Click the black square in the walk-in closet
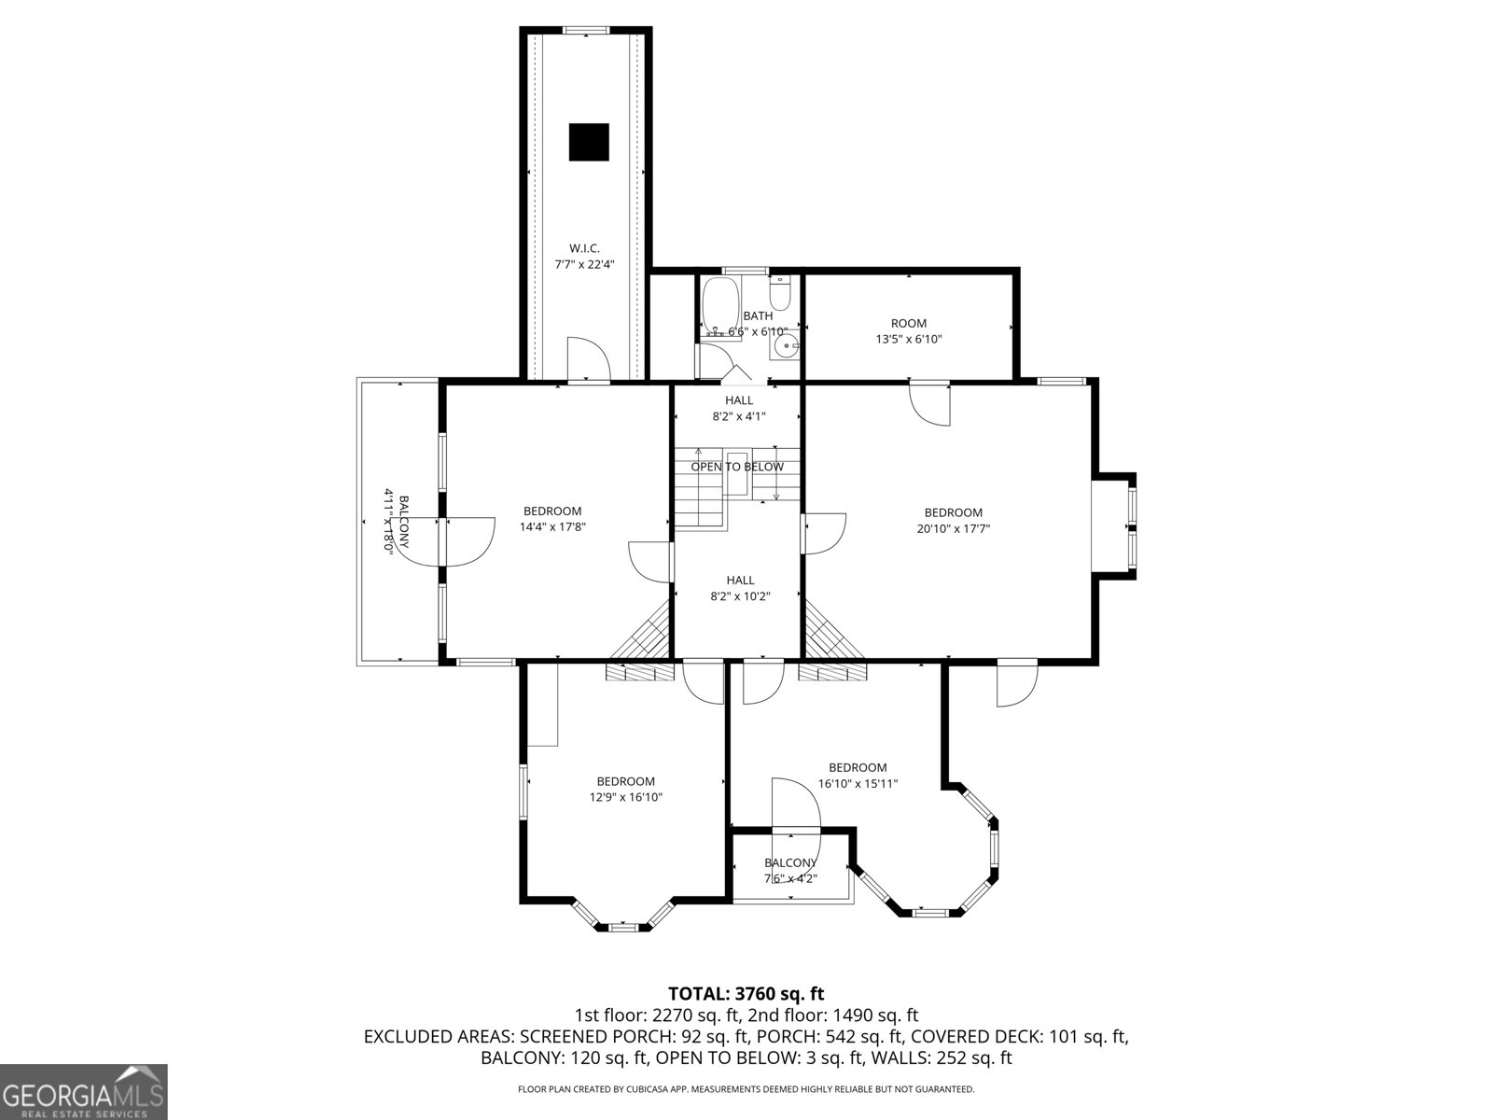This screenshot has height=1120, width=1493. pyautogui.click(x=589, y=142)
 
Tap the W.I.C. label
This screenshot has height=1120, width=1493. pyautogui.click(x=584, y=256)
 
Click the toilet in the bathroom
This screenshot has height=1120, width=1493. pyautogui.click(x=781, y=293)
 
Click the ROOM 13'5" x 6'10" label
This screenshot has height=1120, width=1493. pyautogui.click(x=909, y=331)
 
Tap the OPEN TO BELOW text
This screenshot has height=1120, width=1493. pyautogui.click(x=737, y=467)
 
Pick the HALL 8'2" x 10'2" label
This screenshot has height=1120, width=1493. pyautogui.click(x=740, y=588)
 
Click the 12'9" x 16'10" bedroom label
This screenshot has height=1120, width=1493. pyautogui.click(x=625, y=790)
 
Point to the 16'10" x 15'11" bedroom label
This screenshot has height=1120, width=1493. pyautogui.click(x=858, y=776)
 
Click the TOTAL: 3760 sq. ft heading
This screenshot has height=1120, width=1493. pyautogui.click(x=746, y=994)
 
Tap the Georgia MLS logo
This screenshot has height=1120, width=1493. pyautogui.click(x=84, y=1091)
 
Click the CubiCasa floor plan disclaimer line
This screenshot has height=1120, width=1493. pyautogui.click(x=746, y=1089)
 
